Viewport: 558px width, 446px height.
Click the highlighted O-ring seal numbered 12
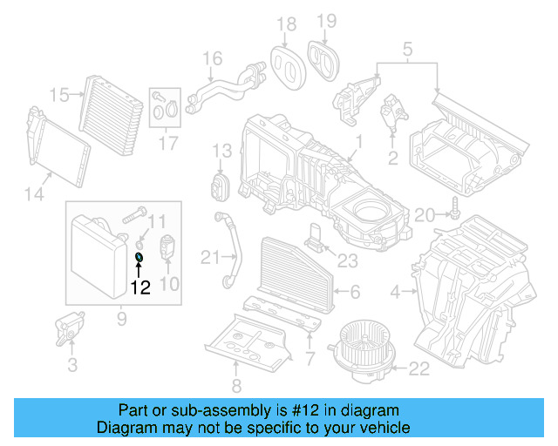click(139, 257)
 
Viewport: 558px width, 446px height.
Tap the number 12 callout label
click(139, 286)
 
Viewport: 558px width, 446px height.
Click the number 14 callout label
click(33, 195)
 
